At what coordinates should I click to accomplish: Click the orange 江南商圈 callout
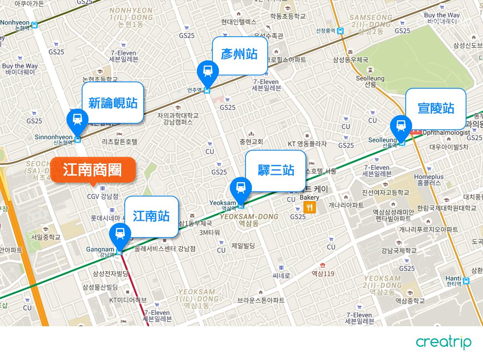tap(93, 170)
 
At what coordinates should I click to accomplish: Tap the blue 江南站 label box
tap(151, 216)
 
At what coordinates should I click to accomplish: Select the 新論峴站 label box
tap(113, 103)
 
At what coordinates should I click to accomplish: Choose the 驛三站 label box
tap(276, 171)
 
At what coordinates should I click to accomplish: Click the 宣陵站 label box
tap(436, 108)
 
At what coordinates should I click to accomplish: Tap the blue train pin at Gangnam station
tap(120, 233)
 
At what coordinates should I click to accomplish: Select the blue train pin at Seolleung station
tap(401, 125)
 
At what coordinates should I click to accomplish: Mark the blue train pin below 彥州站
tap(208, 71)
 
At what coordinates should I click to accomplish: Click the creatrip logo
tap(443, 342)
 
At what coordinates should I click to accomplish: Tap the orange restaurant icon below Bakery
tap(309, 207)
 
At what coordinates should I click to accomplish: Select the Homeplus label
tap(429, 179)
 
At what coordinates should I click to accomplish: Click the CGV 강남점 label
tap(103, 196)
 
